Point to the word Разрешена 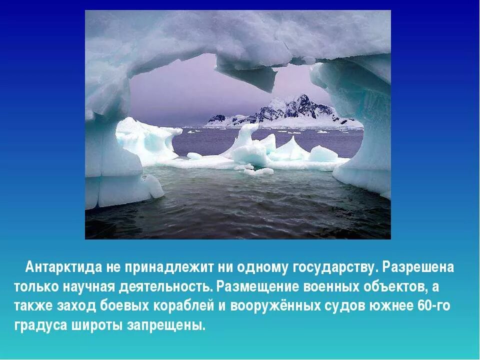tap(418, 267)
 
